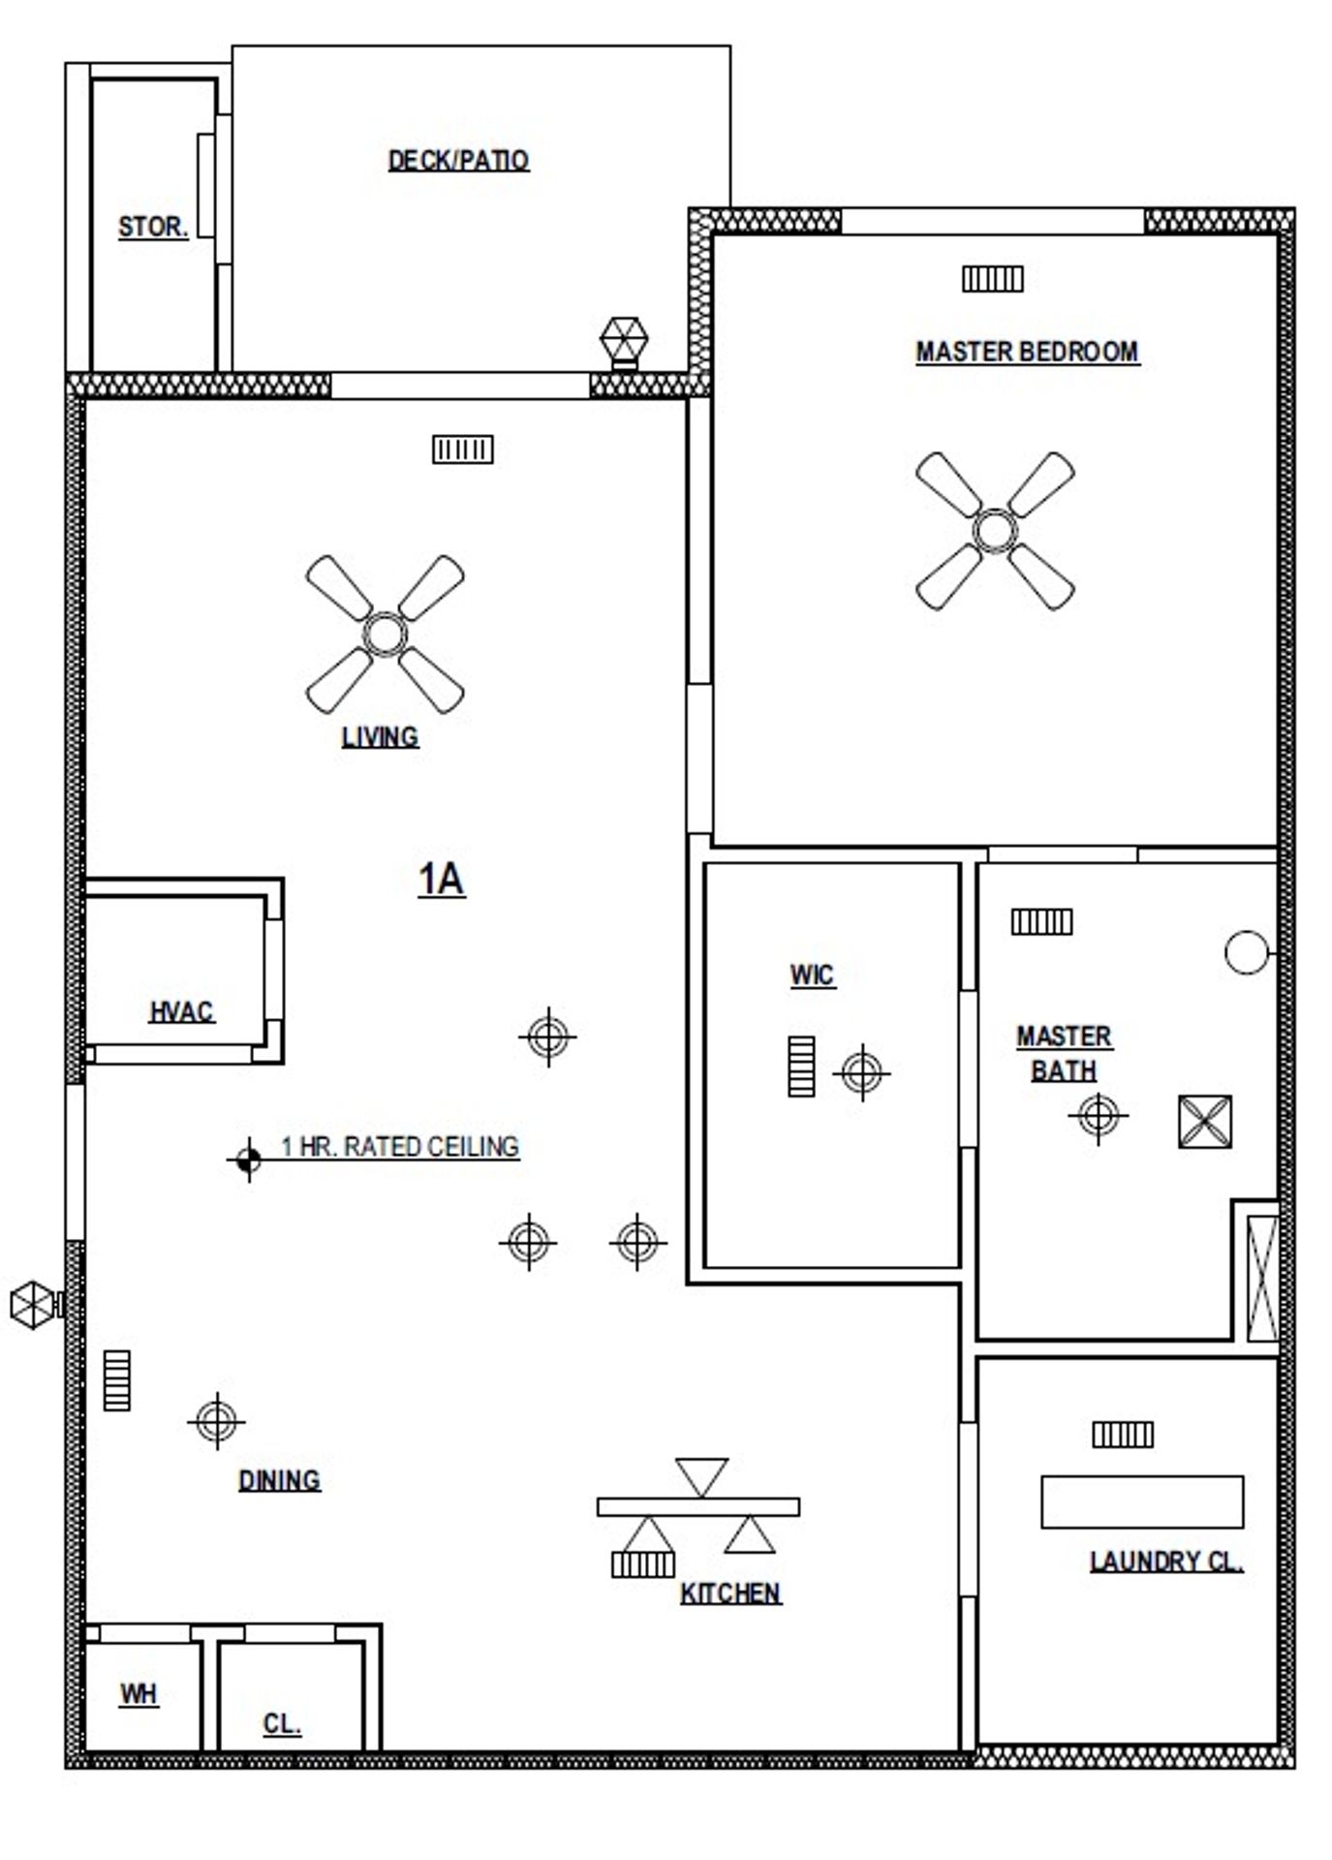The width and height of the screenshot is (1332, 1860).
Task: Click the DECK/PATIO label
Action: [458, 160]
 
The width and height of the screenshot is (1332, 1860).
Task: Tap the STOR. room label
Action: [152, 227]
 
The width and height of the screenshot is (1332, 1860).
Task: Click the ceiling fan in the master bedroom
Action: [995, 531]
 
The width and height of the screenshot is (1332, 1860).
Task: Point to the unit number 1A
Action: [441, 880]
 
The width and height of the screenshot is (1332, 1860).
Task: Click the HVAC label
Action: [181, 1012]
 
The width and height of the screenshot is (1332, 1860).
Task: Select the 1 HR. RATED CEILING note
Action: [400, 1147]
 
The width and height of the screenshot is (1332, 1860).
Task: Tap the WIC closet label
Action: [812, 975]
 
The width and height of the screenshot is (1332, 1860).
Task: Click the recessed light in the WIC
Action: [861, 1072]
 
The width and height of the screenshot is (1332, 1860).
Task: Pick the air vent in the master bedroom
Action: [992, 279]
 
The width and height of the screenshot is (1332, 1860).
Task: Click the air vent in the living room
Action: [462, 449]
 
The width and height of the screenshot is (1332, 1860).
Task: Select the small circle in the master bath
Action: [1246, 951]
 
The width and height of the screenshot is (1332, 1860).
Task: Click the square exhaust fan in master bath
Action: [1205, 1122]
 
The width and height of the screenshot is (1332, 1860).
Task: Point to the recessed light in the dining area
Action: [216, 1421]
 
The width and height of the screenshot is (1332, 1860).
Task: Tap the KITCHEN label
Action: [730, 1594]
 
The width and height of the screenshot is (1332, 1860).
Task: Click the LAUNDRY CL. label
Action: [1166, 1562]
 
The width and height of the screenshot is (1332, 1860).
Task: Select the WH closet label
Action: [139, 1694]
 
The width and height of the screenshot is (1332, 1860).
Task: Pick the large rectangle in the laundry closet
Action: [1142, 1503]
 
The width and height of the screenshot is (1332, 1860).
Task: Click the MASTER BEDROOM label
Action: [1027, 352]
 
